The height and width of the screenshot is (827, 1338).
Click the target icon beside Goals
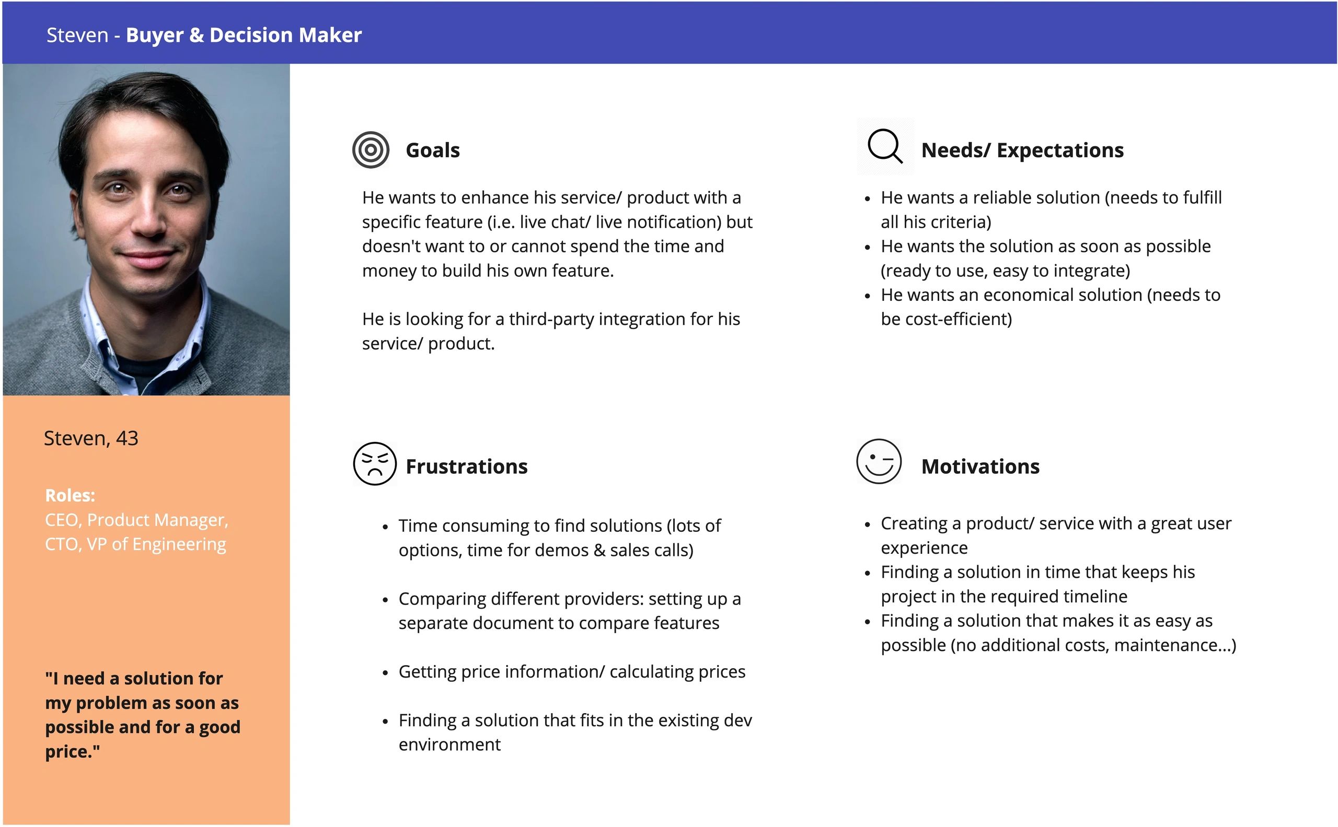371,150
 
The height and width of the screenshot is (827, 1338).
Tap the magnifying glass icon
884,146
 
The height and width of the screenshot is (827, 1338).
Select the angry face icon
374,463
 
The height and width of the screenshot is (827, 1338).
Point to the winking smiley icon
878,461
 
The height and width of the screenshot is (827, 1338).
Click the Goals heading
432,150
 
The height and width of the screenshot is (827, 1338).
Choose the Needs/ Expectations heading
1022,150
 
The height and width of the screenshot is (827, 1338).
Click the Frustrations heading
466,467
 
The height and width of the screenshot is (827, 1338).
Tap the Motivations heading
980,467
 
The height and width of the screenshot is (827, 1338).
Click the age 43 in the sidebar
127,438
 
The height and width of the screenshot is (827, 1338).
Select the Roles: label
70,496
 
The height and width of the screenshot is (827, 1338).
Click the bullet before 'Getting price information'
386,673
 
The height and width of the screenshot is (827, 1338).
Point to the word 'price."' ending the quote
73,752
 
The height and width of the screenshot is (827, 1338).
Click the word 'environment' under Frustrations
449,744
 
